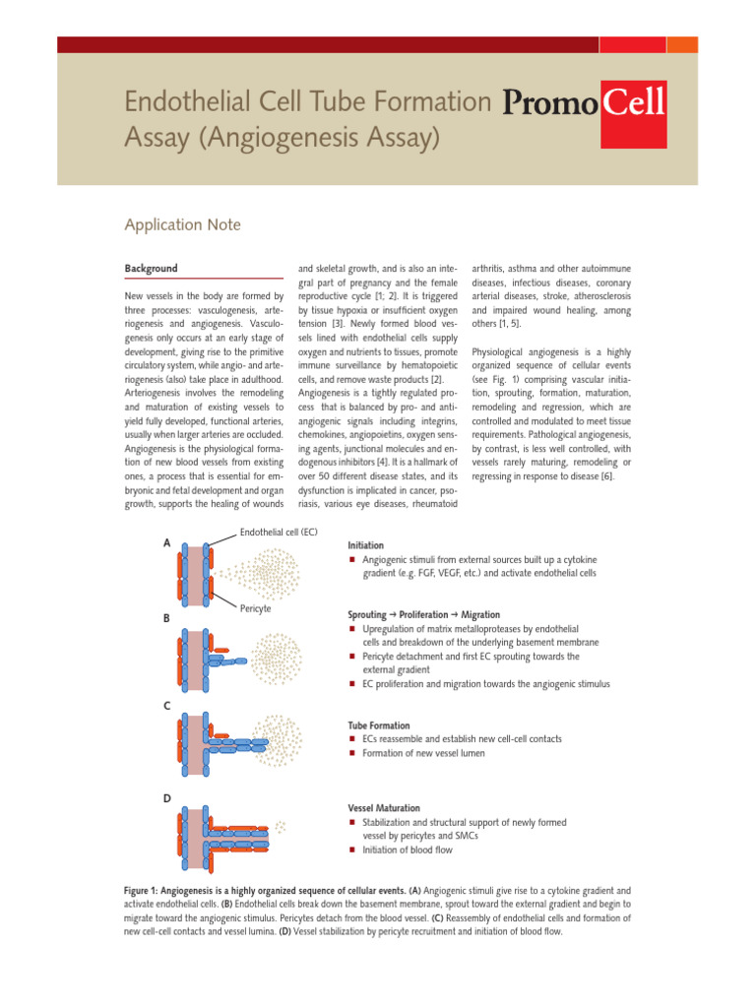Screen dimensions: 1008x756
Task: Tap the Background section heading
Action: [152, 268]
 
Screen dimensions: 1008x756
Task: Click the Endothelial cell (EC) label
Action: [278, 533]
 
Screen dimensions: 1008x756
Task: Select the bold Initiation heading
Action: [367, 543]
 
